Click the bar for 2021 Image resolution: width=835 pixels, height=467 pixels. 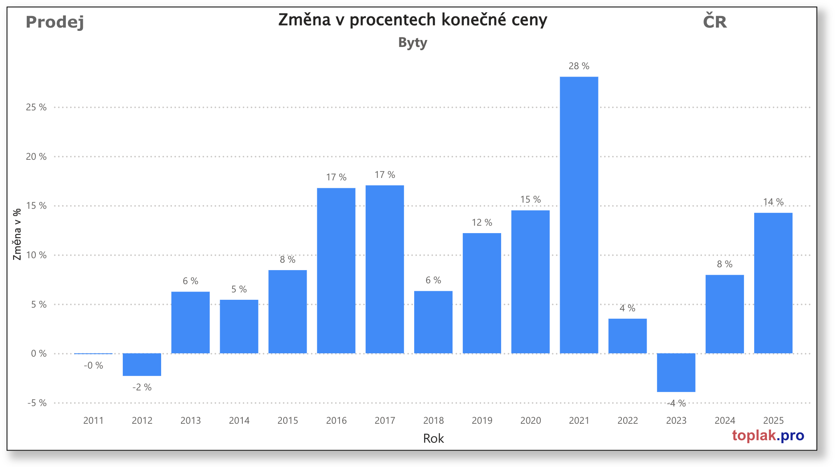pyautogui.click(x=579, y=215)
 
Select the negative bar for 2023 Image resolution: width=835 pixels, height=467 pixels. pyautogui.click(x=676, y=372)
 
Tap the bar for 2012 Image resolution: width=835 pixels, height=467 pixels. pyautogui.click(x=142, y=364)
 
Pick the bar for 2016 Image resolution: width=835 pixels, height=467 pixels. pyautogui.click(x=336, y=271)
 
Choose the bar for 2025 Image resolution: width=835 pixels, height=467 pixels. pyautogui.click(x=773, y=283)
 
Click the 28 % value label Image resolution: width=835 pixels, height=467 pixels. pyautogui.click(x=579, y=66)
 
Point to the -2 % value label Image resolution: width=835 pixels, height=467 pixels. pyautogui.click(x=142, y=387)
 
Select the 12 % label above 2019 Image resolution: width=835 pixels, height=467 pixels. pyautogui.click(x=482, y=222)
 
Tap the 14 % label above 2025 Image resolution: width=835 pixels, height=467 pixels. pyautogui.click(x=773, y=202)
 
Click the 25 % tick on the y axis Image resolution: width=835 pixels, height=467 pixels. pyautogui.click(x=36, y=107)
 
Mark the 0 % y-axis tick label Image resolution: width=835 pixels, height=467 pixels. pyautogui.click(x=39, y=353)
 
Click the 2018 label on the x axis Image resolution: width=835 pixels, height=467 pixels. pyautogui.click(x=433, y=420)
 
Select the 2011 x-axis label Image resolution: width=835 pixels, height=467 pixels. pyautogui.click(x=93, y=420)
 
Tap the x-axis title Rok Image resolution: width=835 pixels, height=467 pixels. pyautogui.click(x=433, y=438)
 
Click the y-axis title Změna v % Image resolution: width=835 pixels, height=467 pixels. pyautogui.click(x=17, y=234)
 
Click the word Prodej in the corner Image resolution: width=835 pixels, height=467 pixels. pyautogui.click(x=55, y=22)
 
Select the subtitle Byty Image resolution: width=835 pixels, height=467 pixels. pyautogui.click(x=413, y=42)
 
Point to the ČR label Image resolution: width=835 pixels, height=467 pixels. pyautogui.click(x=715, y=21)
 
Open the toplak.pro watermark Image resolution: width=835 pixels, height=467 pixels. pyautogui.click(x=768, y=435)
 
